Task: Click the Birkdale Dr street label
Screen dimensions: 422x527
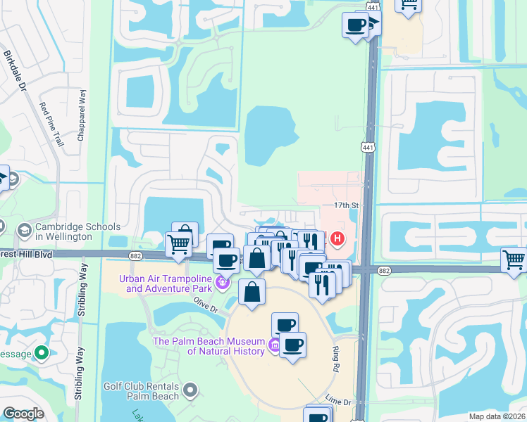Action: coord(14,70)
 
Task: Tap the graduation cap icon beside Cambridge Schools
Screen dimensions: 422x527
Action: coord(24,230)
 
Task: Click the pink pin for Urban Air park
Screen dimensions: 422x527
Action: coord(223,283)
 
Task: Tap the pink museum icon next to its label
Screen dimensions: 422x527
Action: coord(273,345)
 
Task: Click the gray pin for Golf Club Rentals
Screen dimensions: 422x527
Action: coord(189,389)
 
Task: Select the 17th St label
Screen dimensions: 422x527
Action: coord(347,205)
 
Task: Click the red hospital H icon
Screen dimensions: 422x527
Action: coord(337,239)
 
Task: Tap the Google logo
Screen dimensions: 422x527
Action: coord(23,414)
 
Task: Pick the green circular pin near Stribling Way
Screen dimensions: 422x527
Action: coord(42,352)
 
